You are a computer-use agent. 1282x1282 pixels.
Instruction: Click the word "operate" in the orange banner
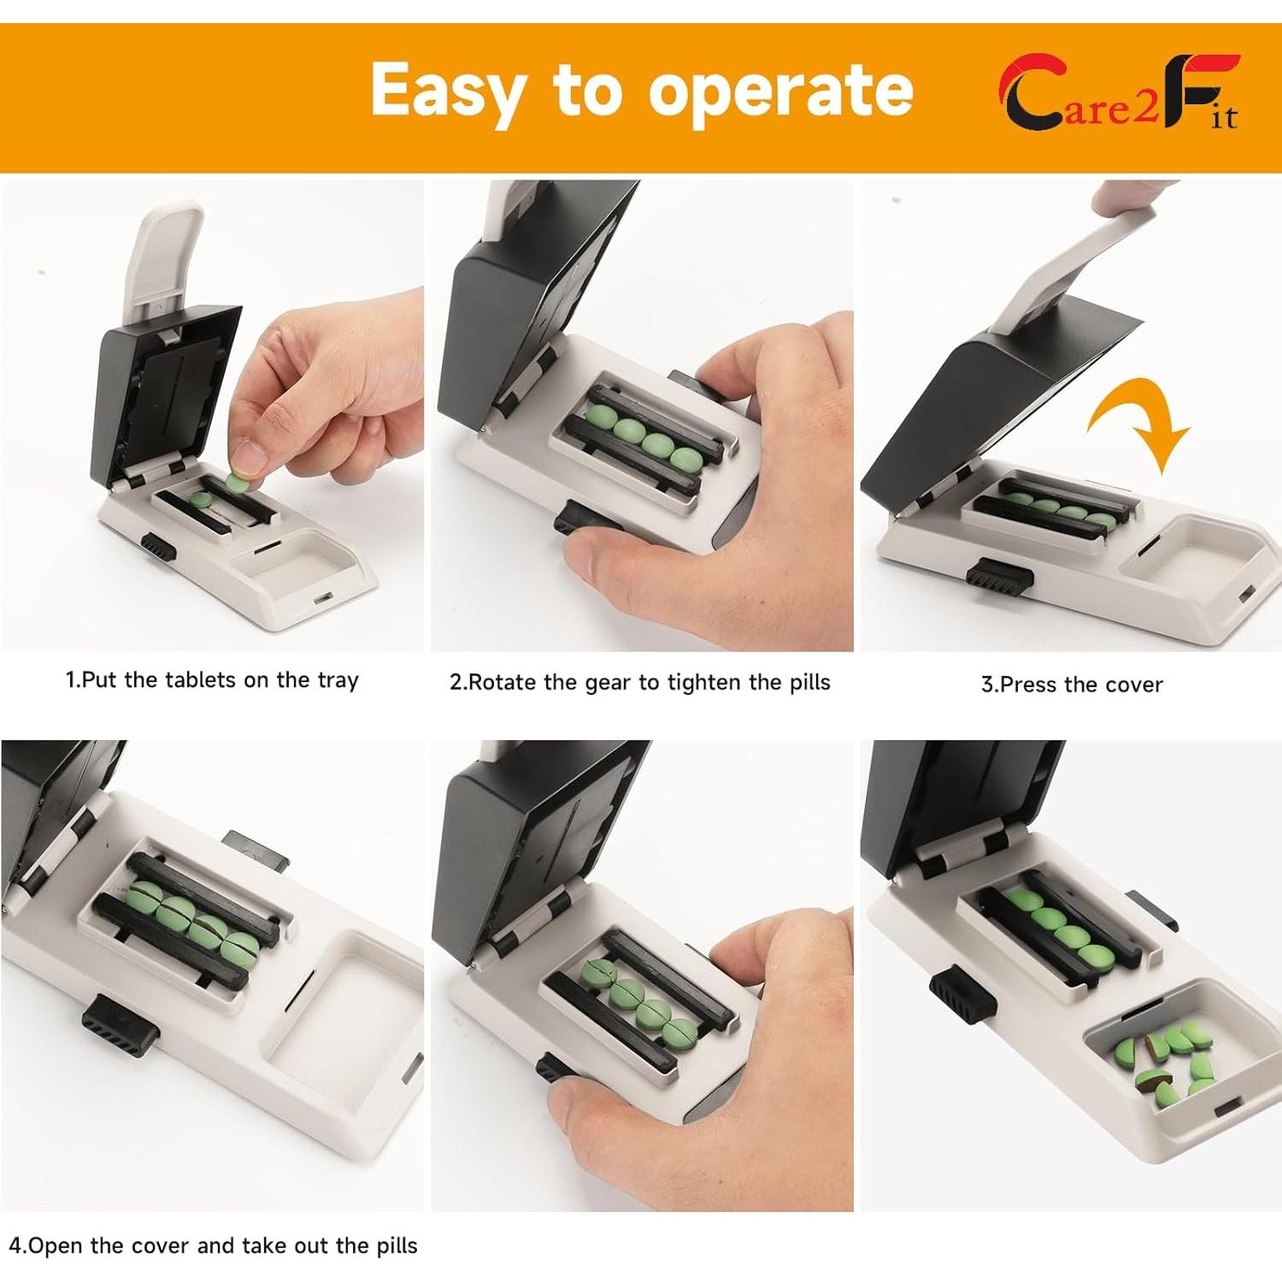pos(780,91)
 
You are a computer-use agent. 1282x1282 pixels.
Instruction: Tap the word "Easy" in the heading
pos(450,91)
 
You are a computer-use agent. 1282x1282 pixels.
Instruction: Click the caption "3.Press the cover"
pos(1072,685)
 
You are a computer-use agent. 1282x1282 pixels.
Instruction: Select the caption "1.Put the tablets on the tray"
pos(212,680)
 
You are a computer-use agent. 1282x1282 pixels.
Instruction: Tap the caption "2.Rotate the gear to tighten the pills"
pos(640,682)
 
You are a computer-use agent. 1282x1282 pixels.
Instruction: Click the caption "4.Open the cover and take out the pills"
pos(213,1245)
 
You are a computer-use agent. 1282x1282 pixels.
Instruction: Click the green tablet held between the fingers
pos(238,483)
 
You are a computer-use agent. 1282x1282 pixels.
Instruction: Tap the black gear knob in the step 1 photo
pos(158,547)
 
